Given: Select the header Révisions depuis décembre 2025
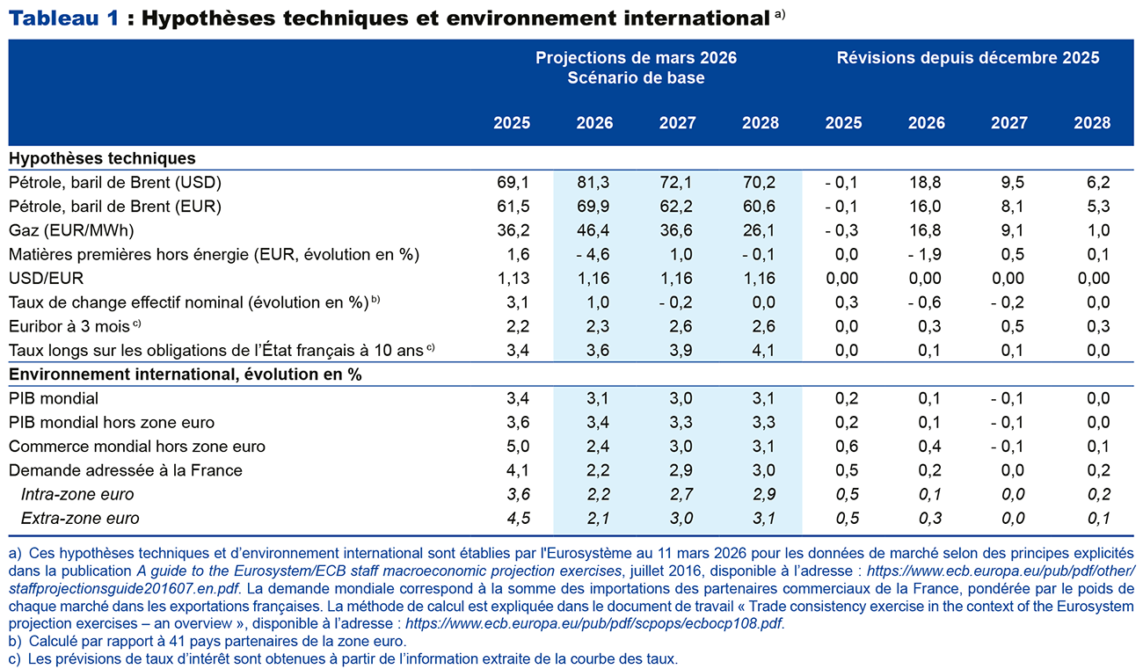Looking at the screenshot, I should click(x=967, y=58).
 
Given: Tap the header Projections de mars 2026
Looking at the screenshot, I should click(x=636, y=58).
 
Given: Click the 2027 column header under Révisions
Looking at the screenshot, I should click(x=1008, y=123).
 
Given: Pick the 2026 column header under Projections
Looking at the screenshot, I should click(x=594, y=123).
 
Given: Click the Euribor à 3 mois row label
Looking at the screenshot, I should click(x=69, y=326).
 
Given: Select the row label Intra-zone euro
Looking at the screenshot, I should click(x=77, y=494).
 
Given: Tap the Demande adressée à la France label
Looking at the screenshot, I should click(x=125, y=470).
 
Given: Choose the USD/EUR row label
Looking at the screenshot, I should click(x=45, y=279).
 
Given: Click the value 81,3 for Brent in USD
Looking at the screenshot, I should click(x=594, y=183).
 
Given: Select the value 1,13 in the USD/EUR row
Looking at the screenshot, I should click(x=512, y=279).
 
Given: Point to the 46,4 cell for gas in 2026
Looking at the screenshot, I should click(x=594, y=230).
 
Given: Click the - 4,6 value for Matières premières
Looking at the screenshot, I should click(x=593, y=255).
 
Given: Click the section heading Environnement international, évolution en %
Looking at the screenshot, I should click(x=185, y=374).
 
